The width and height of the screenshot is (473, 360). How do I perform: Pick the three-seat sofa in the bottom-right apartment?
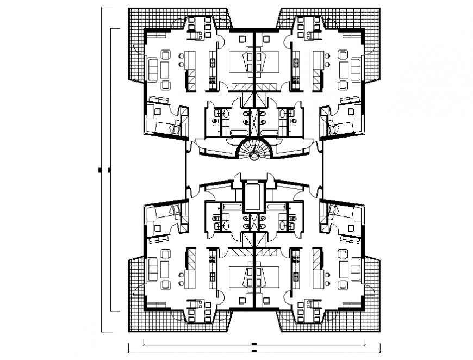[356, 270]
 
